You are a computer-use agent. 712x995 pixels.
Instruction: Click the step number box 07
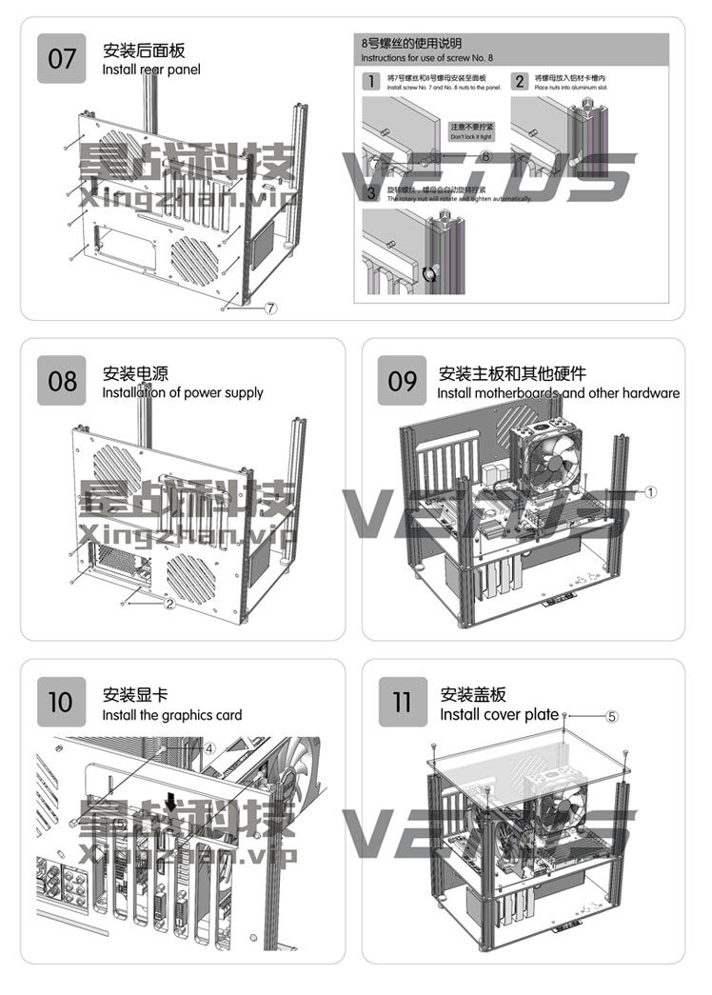pyautogui.click(x=62, y=59)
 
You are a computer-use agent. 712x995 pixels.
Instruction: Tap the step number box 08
pyautogui.click(x=62, y=381)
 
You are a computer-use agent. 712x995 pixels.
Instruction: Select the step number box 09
pyautogui.click(x=403, y=381)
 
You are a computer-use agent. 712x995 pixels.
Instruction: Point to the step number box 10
pyautogui.click(x=60, y=703)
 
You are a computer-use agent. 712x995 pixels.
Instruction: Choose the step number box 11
pyautogui.click(x=403, y=703)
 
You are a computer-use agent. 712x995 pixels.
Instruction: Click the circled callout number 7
pyautogui.click(x=270, y=308)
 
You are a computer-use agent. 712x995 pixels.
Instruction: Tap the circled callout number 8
pyautogui.click(x=485, y=155)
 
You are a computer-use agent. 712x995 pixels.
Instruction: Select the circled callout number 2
pyautogui.click(x=169, y=603)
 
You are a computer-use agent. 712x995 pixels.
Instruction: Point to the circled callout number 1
pyautogui.click(x=650, y=492)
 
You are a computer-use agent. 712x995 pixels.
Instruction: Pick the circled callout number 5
pyautogui.click(x=612, y=715)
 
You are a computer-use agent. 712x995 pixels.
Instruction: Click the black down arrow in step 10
pyautogui.click(x=170, y=805)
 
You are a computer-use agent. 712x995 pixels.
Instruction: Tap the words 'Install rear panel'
pyautogui.click(x=151, y=70)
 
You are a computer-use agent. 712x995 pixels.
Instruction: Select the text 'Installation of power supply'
pyautogui.click(x=183, y=392)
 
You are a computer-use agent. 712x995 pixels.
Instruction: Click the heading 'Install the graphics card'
pyautogui.click(x=172, y=715)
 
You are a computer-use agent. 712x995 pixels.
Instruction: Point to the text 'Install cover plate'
pyautogui.click(x=499, y=714)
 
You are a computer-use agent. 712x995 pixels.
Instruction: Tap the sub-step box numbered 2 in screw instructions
pyautogui.click(x=520, y=81)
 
